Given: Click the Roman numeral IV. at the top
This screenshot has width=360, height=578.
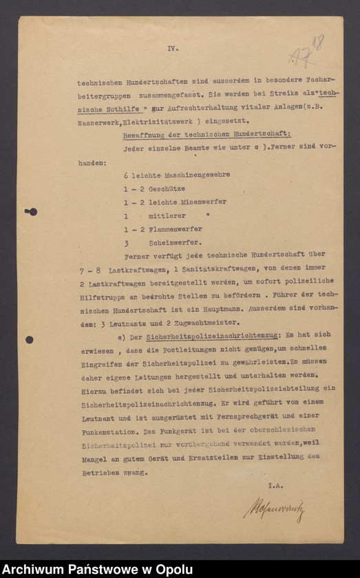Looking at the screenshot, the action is point(173,49).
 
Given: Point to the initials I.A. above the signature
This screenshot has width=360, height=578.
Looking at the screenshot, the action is point(275,486).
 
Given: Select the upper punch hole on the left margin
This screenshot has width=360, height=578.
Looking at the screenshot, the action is point(31,211).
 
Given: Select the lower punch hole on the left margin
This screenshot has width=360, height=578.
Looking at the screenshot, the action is point(29,339).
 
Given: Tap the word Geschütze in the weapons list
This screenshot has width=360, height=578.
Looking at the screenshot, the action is point(167,189).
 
